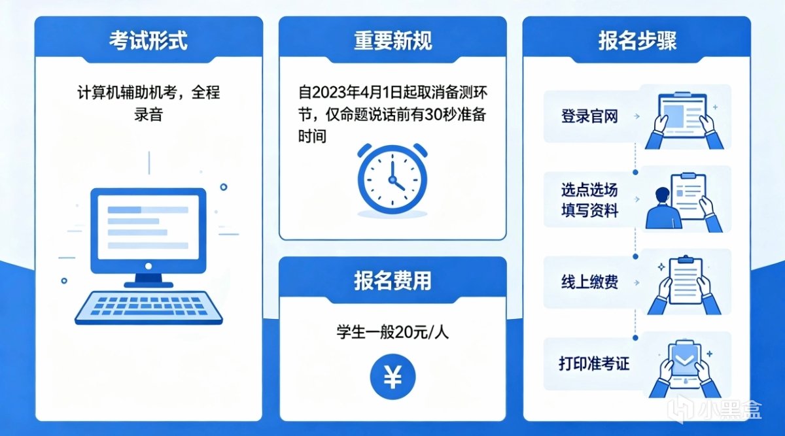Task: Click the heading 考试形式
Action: [x=148, y=41]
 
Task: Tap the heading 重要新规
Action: [x=393, y=41]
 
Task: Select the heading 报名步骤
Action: [x=637, y=41]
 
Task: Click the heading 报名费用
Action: [x=392, y=281]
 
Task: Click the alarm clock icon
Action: [x=392, y=178]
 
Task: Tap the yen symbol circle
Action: [x=392, y=377]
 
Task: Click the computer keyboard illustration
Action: [x=148, y=307]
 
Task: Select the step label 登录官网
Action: [x=589, y=116]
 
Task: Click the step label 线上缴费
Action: [x=589, y=282]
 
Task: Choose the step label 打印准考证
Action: [x=594, y=363]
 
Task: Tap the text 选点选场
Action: [x=589, y=190]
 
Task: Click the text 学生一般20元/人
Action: [x=392, y=331]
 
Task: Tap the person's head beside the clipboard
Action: [x=662, y=195]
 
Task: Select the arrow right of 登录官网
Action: [x=637, y=116]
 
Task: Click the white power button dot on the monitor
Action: [x=148, y=266]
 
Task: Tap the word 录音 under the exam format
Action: [x=148, y=114]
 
